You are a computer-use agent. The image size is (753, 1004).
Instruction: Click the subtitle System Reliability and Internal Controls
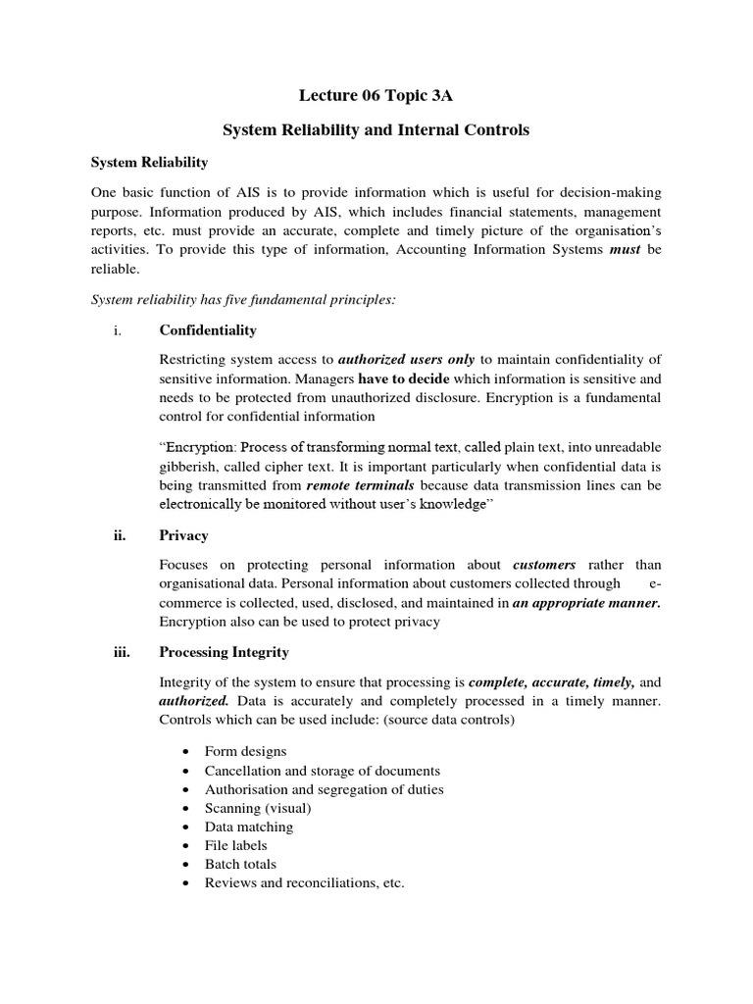point(376,130)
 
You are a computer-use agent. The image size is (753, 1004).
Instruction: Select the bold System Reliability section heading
point(149,162)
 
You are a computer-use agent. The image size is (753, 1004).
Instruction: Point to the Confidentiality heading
point(208,330)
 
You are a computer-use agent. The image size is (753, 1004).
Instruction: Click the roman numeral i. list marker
point(117,330)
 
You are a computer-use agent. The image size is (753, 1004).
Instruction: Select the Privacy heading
point(183,535)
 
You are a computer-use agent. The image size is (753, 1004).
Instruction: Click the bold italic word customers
point(544,565)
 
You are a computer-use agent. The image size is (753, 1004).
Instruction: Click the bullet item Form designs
point(245,751)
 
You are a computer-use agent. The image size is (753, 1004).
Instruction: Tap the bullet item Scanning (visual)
point(257,808)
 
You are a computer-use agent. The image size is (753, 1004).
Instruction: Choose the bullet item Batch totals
point(240,864)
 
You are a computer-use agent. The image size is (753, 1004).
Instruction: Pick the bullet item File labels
point(235,845)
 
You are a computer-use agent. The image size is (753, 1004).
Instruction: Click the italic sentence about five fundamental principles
point(243,299)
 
